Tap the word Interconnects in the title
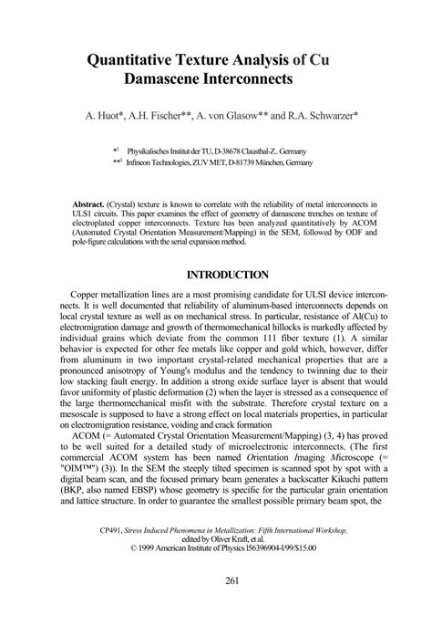(242, 80)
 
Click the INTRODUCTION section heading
(227, 274)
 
